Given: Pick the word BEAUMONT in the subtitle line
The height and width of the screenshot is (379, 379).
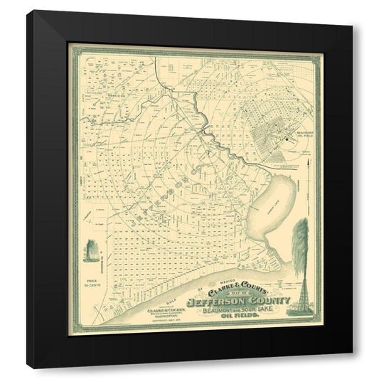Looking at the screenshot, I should pos(206,316).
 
